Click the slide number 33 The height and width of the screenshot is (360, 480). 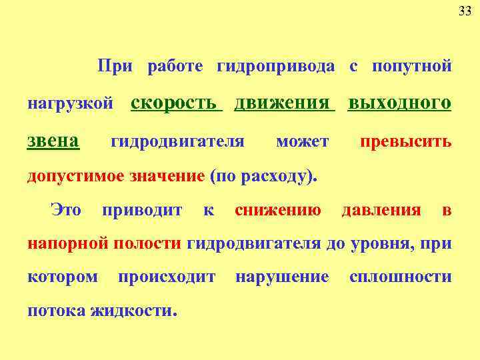pos(465,11)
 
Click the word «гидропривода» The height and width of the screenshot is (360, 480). pos(276,67)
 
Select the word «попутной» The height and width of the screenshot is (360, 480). pos(411,67)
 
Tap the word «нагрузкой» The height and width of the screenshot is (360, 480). pos(69,105)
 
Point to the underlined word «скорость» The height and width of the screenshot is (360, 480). pos(174,103)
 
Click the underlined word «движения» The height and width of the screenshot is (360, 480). pos(283,103)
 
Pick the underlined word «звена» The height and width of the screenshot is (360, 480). pos(53,140)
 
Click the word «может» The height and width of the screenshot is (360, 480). pos(302,141)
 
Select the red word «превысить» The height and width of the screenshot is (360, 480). pos(405,141)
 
